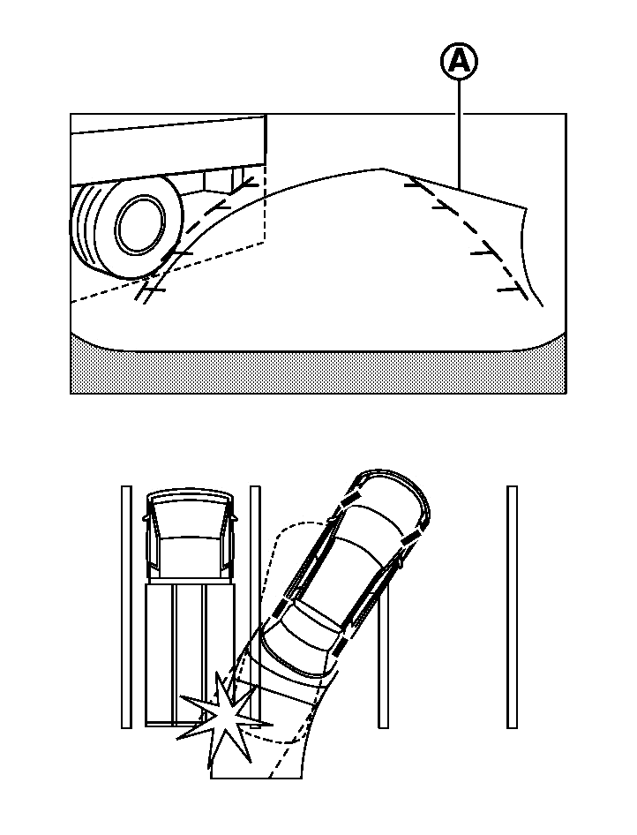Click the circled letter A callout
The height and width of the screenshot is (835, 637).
[459, 62]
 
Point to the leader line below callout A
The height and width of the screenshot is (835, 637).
[459, 132]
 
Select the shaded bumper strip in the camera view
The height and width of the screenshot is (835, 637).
[318, 371]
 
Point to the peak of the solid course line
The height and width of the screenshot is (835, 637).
[380, 169]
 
